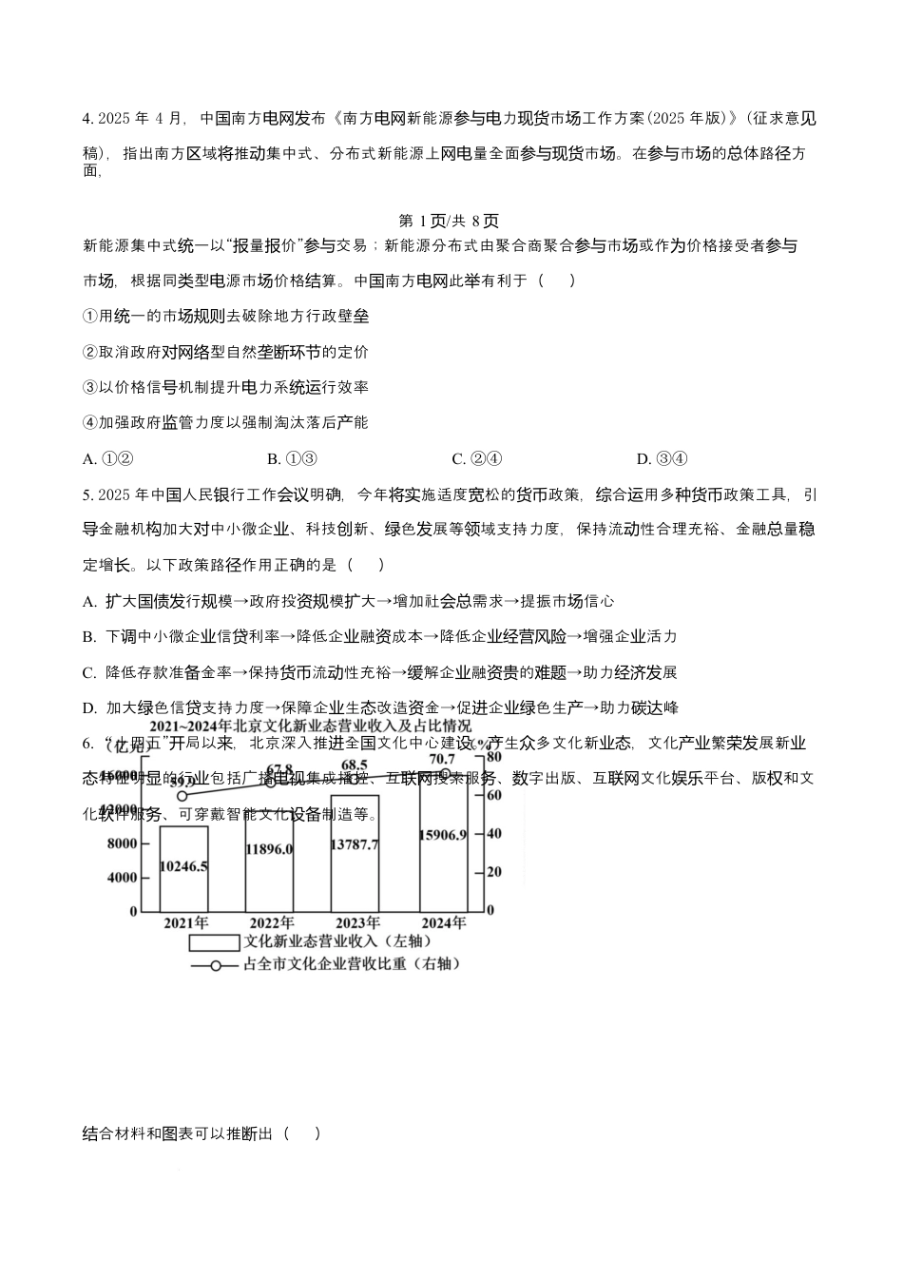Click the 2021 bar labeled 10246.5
[183, 868]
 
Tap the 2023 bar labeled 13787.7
[355, 853]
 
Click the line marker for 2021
[183, 795]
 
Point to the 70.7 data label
[442, 759]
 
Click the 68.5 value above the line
[355, 765]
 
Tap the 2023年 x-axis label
[356, 922]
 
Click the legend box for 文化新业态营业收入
[213, 942]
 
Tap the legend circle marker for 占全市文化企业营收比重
[217, 965]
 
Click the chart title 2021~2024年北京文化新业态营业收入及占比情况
[310, 726]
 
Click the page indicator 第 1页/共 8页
[449, 221]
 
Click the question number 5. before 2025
[88, 494]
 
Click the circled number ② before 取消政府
[91, 353]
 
